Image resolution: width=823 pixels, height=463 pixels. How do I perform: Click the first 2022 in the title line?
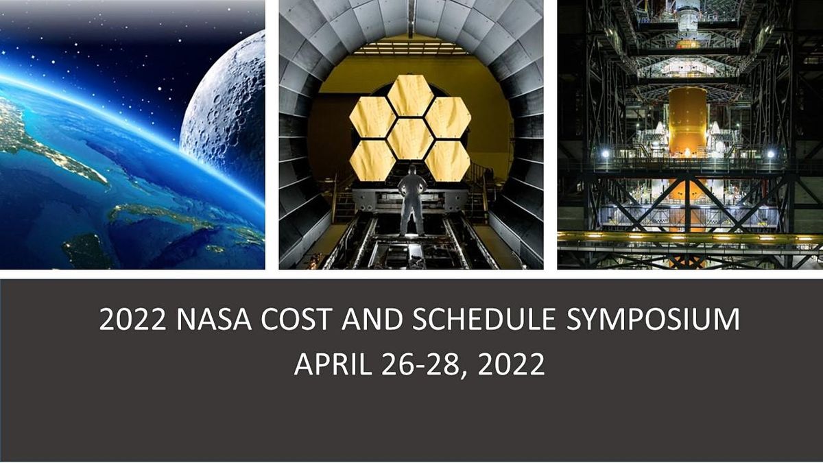coord(134,321)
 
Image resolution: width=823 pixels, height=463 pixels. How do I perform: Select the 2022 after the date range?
coord(511,364)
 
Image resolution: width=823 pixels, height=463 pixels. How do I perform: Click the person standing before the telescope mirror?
coord(412,199)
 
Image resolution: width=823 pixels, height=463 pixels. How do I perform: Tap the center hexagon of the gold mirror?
coord(410,138)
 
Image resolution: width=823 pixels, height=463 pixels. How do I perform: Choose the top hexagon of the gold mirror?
coord(410,95)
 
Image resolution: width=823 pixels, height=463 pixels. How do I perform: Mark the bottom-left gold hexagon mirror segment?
coord(372,160)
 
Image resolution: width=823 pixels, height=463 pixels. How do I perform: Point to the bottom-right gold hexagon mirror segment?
coord(447,160)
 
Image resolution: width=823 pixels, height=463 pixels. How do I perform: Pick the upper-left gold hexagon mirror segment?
coord(372,117)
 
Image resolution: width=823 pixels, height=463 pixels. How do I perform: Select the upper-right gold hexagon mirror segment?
coord(447,117)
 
